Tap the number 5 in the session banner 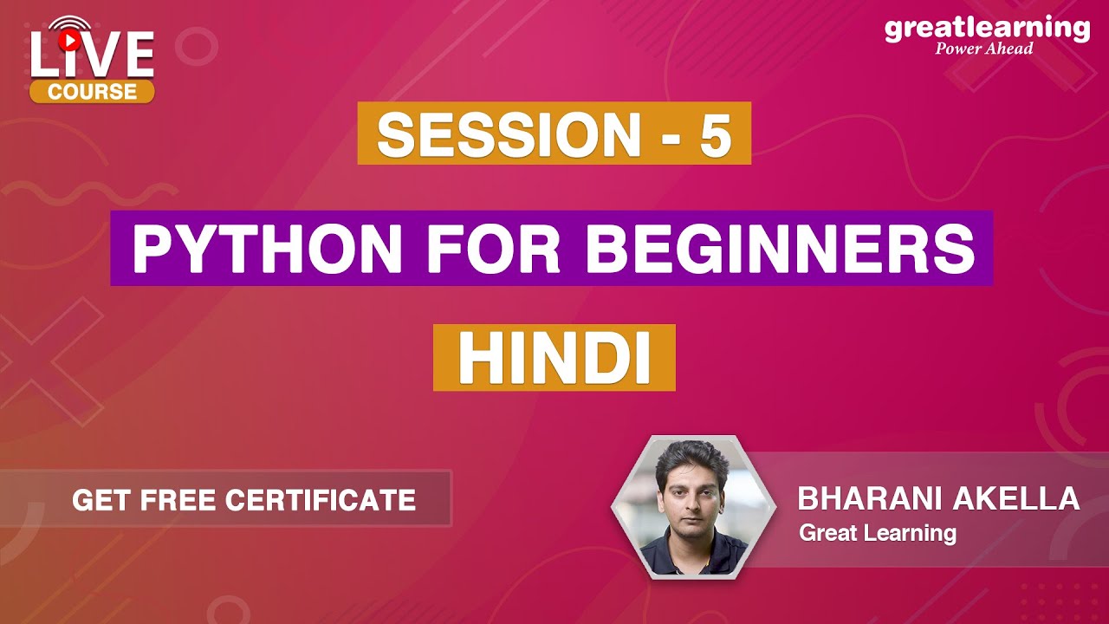coord(715,134)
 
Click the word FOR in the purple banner coord(503,249)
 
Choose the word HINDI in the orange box coord(554,357)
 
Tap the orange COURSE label coord(92,91)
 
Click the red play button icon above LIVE coord(68,39)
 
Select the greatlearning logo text coord(987,28)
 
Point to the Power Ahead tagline coord(984,49)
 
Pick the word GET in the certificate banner coord(94,500)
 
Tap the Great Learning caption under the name coord(877,532)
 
